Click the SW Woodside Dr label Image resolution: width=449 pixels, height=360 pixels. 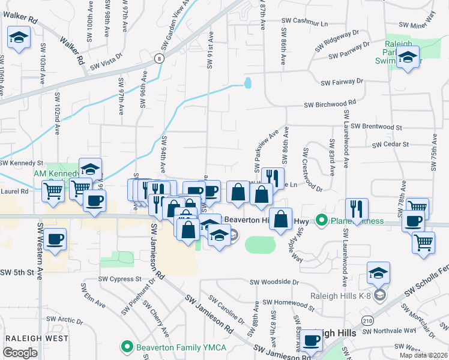[274, 281]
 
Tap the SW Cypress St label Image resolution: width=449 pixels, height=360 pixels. [121, 279]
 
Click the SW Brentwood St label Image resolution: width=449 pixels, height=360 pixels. [377, 127]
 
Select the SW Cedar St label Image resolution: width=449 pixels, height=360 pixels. [390, 145]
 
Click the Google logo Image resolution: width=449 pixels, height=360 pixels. [20, 353]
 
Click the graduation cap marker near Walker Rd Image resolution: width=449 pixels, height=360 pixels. [19, 38]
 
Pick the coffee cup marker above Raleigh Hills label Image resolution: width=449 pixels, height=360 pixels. [312, 340]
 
